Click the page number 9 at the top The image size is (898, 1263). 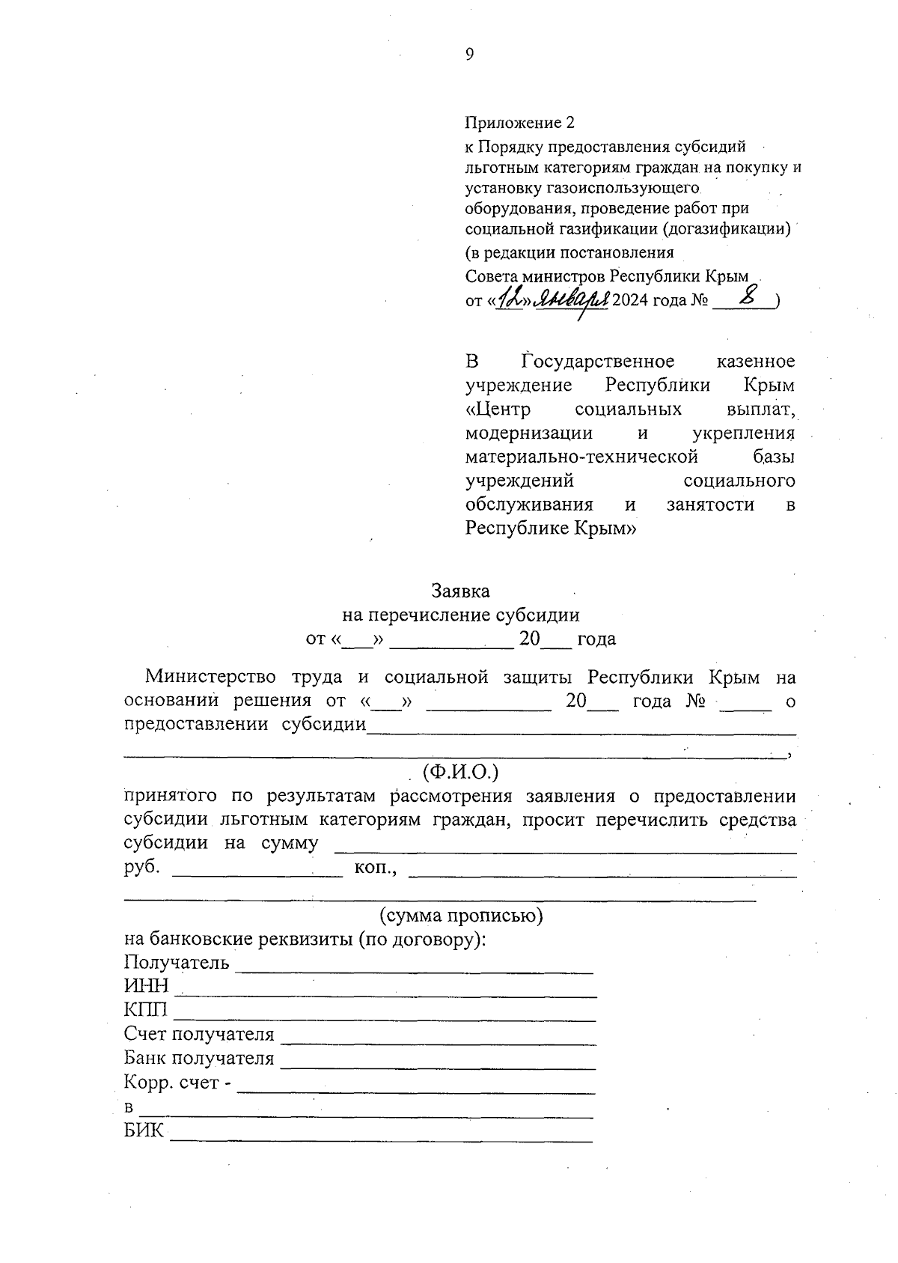tap(469, 54)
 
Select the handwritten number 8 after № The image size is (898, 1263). tap(745, 298)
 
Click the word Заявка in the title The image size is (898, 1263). tap(460, 591)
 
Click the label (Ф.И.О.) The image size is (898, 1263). tap(460, 771)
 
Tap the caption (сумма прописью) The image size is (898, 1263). tap(461, 916)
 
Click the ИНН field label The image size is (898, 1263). tap(147, 986)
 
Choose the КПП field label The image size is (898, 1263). tap(147, 1010)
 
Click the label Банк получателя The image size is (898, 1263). tap(199, 1059)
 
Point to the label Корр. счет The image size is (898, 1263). tap(172, 1083)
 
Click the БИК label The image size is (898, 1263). tap(144, 1130)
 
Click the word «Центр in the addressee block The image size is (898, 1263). tap(498, 410)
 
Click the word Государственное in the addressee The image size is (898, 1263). tap(598, 362)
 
